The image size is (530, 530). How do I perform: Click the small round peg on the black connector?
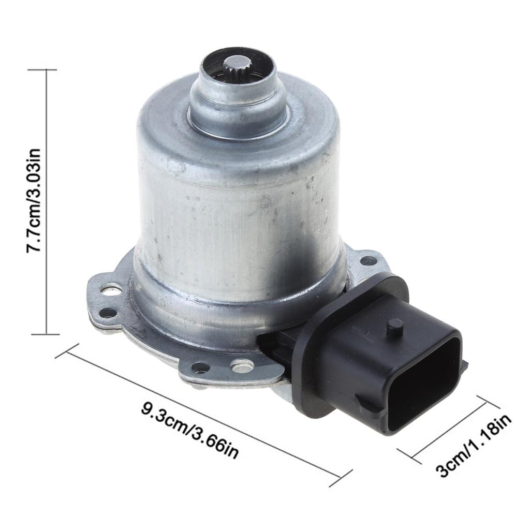395,328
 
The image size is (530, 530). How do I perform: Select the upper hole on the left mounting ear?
110,289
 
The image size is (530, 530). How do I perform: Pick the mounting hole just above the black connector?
368,260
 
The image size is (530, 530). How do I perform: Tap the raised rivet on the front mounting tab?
242,366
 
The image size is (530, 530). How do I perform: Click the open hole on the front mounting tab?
200,367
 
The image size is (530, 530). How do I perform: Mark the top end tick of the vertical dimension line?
47,69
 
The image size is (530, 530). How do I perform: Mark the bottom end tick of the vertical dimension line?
47,334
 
